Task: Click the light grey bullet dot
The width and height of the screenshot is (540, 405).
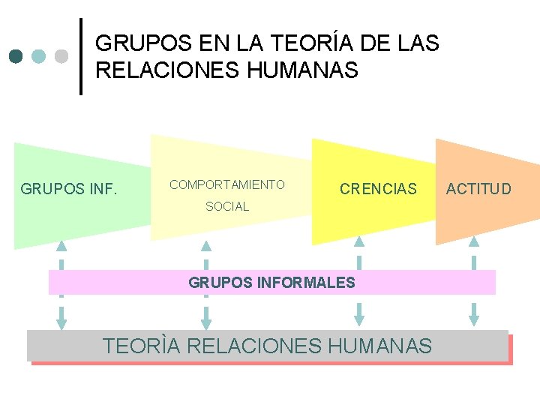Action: coord(62,56)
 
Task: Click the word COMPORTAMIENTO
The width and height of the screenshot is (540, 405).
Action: coord(227,184)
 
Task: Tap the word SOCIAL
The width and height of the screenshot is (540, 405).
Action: coord(227,206)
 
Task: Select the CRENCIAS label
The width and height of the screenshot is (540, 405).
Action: coord(378,189)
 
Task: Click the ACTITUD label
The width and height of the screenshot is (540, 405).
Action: coord(478,188)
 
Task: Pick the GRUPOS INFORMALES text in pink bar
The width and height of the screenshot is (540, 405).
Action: coord(271,283)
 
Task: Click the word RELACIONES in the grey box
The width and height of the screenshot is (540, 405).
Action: coord(255,346)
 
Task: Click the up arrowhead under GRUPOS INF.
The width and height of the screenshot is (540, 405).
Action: coord(61,245)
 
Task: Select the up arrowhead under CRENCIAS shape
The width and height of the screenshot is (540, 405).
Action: coord(359,241)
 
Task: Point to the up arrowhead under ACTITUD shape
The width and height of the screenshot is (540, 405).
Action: coord(474,241)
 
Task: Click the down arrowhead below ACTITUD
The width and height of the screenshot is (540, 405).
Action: coord(474,319)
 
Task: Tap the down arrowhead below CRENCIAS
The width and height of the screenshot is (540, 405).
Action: coord(359,319)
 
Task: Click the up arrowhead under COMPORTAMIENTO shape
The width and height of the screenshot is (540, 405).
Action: coord(206,245)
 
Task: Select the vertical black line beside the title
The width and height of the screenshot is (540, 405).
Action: coord(81,56)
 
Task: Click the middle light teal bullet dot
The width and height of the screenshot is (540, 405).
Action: coord(39,56)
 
